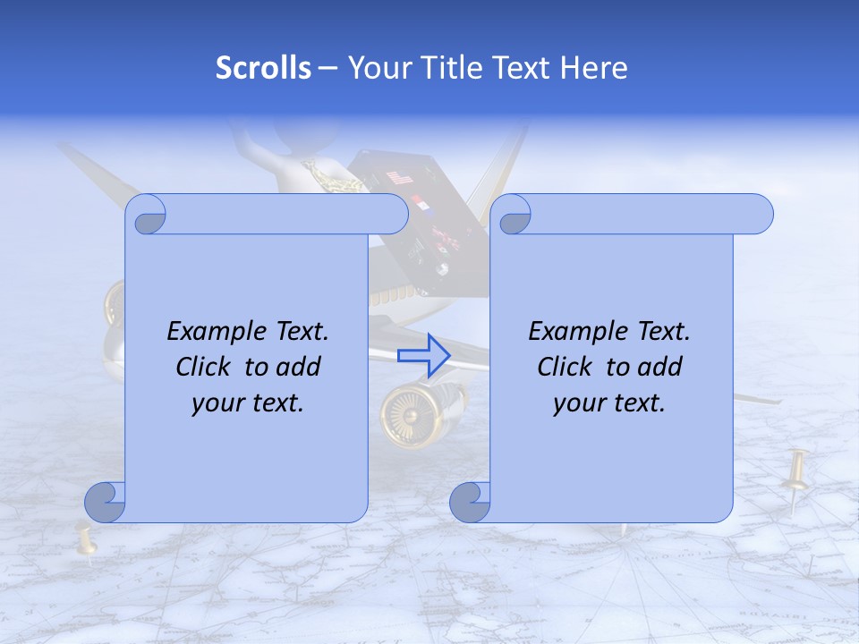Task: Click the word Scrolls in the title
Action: coord(263,68)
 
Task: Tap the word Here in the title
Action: coord(593,68)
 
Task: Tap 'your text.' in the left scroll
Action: coord(248,403)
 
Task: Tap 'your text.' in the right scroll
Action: coord(609,403)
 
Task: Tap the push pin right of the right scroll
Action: coord(795,479)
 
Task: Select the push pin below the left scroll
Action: coord(86,541)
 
